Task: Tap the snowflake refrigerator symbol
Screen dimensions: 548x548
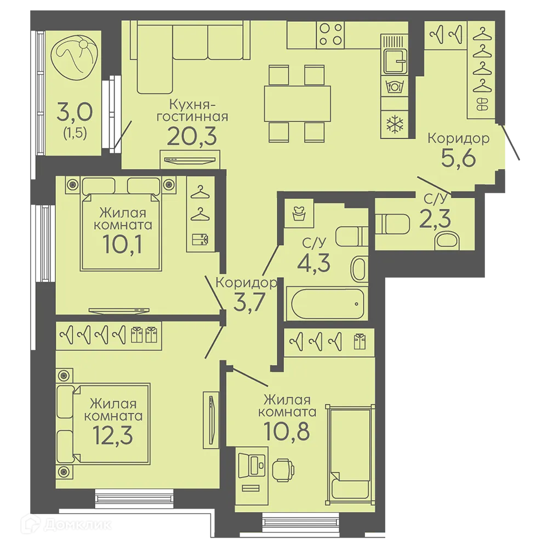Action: click(395, 124)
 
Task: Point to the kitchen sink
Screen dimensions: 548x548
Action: click(395, 61)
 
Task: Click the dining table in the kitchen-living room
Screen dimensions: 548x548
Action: click(297, 104)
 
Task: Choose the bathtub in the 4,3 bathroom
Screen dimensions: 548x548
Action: click(327, 304)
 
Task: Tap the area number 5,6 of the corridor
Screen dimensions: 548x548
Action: click(459, 158)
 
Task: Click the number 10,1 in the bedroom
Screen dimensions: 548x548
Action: click(122, 244)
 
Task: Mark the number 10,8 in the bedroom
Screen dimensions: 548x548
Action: click(287, 431)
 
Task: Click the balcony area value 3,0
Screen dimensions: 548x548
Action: click(75, 112)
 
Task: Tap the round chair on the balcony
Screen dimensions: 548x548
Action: click(73, 59)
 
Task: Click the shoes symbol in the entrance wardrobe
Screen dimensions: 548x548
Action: click(483, 104)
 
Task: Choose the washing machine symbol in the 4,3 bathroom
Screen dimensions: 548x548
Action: click(299, 214)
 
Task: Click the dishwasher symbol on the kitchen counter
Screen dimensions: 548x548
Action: click(395, 85)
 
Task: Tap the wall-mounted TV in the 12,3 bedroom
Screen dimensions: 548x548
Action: click(211, 420)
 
